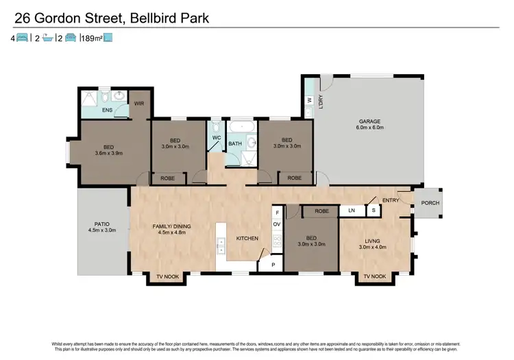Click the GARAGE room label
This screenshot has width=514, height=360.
point(369,121)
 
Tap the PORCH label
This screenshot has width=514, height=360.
point(430,203)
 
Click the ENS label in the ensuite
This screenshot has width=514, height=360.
point(108,110)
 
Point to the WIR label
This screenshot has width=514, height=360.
point(138,104)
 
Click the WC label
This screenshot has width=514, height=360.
point(216,138)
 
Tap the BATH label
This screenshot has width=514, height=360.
point(235,144)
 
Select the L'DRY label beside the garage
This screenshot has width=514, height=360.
point(321,101)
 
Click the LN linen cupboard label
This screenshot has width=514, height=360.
point(352,210)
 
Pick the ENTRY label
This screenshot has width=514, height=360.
point(391,200)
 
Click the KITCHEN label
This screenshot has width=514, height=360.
point(247,239)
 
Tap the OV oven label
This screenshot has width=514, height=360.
point(277,224)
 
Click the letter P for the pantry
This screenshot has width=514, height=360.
point(273,264)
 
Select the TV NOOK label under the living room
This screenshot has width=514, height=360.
point(375,276)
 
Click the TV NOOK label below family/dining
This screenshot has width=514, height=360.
point(167,276)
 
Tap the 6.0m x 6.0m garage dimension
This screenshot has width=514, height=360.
point(369,128)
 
